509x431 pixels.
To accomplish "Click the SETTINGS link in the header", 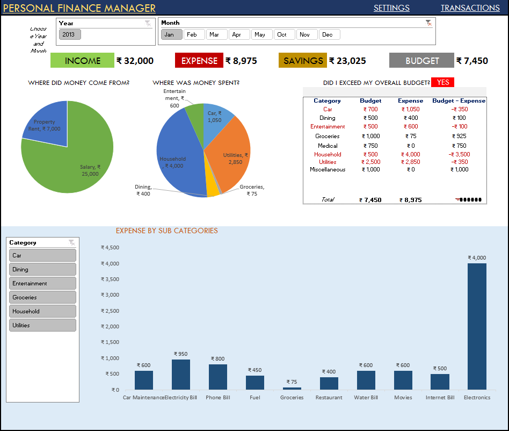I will [391, 8].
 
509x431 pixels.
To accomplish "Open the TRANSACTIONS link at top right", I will [470, 8].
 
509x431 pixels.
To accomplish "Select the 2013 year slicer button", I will [69, 34].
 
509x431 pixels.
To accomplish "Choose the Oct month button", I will [282, 34].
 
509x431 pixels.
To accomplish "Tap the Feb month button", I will [192, 34].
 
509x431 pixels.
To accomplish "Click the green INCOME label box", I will [83, 61].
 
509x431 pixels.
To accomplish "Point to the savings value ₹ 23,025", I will [347, 61].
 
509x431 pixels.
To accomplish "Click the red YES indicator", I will [443, 82].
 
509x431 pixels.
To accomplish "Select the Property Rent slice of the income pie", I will [46, 126].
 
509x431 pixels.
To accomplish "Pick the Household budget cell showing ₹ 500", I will [370, 154].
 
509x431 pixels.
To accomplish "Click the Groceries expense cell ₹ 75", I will [410, 136].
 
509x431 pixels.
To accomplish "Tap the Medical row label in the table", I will [328, 146].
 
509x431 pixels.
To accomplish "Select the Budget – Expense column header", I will [459, 100].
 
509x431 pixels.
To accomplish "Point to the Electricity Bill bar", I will [180, 375].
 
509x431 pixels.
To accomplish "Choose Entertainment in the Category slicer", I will [42, 283].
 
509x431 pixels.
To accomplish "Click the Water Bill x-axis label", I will [366, 398].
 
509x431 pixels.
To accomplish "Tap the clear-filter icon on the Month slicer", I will [428, 23].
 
